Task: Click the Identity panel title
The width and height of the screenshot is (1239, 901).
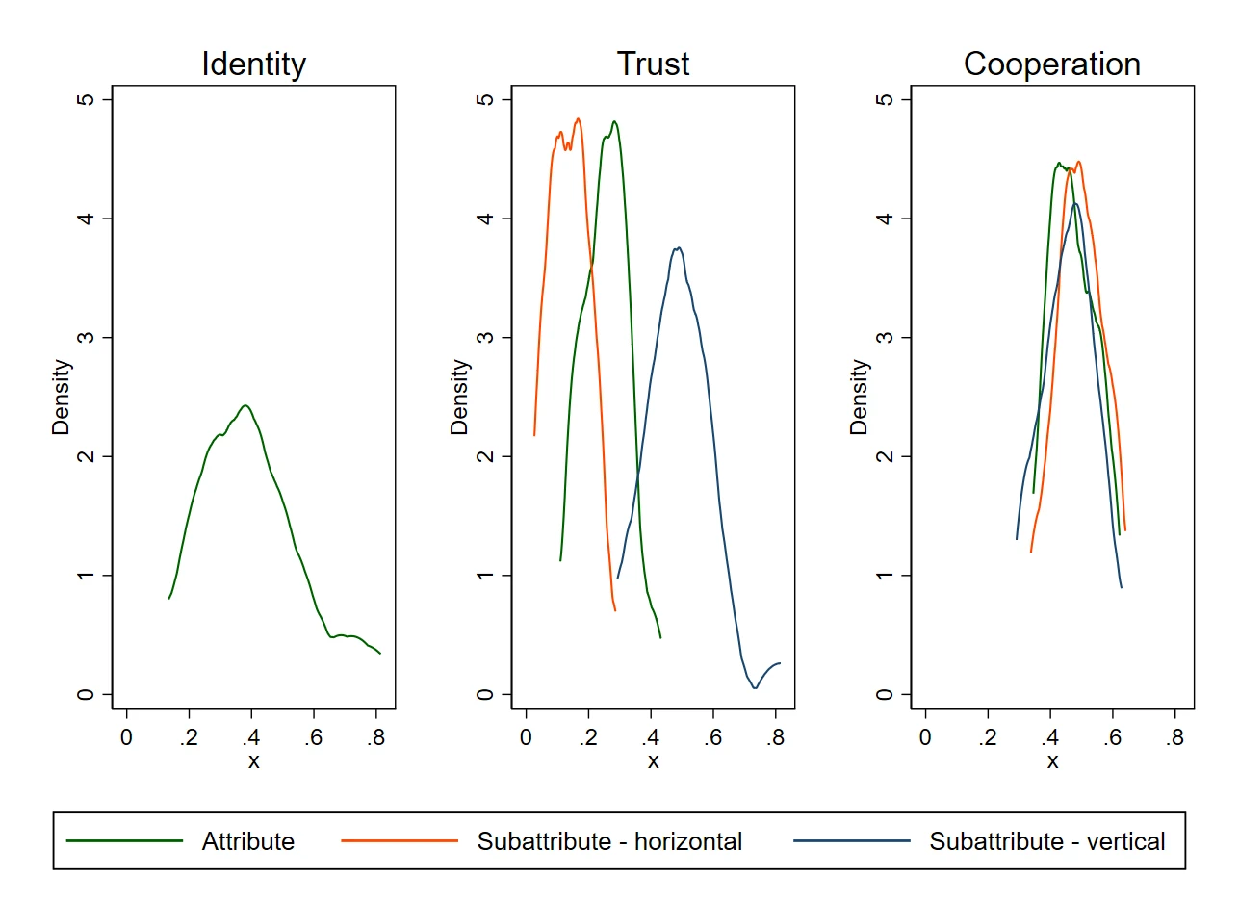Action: point(253,64)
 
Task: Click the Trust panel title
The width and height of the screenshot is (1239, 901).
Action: point(653,64)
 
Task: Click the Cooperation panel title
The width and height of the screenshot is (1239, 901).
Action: point(1052,64)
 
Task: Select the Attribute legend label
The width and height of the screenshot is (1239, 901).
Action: point(247,841)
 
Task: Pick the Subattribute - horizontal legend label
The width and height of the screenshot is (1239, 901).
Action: point(609,841)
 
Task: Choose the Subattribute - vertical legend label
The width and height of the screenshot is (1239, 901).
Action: point(1046,841)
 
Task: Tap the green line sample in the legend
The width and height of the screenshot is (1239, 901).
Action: point(124,841)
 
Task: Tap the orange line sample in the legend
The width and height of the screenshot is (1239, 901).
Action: point(400,841)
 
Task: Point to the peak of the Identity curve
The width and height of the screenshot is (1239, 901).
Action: point(245,405)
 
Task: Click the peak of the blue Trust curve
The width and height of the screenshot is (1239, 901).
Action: point(679,247)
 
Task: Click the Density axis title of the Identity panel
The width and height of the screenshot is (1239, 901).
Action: point(62,397)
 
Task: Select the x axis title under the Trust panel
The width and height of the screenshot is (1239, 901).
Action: point(653,762)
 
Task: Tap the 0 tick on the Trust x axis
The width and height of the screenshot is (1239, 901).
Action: point(526,738)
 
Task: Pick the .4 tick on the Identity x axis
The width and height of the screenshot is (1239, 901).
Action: point(251,738)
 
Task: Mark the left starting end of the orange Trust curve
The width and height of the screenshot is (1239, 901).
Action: point(534,435)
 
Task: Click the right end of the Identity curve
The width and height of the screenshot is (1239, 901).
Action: point(380,654)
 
